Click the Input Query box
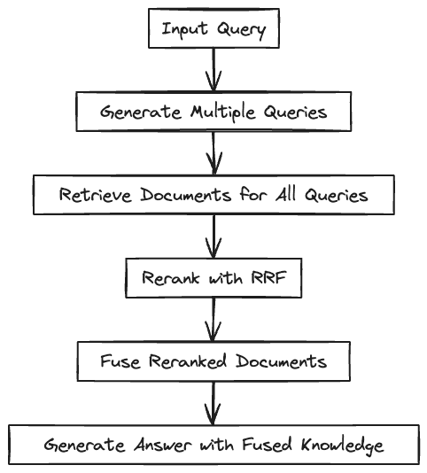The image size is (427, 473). click(x=213, y=28)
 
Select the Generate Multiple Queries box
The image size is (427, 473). click(x=213, y=112)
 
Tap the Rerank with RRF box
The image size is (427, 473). click(x=213, y=278)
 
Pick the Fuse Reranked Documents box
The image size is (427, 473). click(x=213, y=361)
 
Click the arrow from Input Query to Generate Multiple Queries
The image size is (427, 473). click(x=213, y=70)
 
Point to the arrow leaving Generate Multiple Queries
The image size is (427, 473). click(x=213, y=153)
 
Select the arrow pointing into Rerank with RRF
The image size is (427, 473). click(x=213, y=237)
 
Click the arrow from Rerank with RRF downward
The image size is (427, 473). click(x=213, y=320)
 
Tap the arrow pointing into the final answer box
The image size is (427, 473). click(x=213, y=403)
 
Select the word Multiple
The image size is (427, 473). click(x=223, y=112)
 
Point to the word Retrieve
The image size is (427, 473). click(x=96, y=194)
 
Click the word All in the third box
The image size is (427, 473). click(x=285, y=194)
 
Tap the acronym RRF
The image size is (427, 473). click(x=268, y=277)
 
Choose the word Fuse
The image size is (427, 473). click(x=120, y=361)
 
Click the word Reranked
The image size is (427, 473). click(x=188, y=361)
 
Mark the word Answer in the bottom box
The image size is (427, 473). click(x=163, y=445)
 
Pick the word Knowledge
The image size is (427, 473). click(x=343, y=446)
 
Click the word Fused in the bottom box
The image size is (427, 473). click(x=267, y=444)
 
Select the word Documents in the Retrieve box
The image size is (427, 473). click(x=186, y=194)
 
